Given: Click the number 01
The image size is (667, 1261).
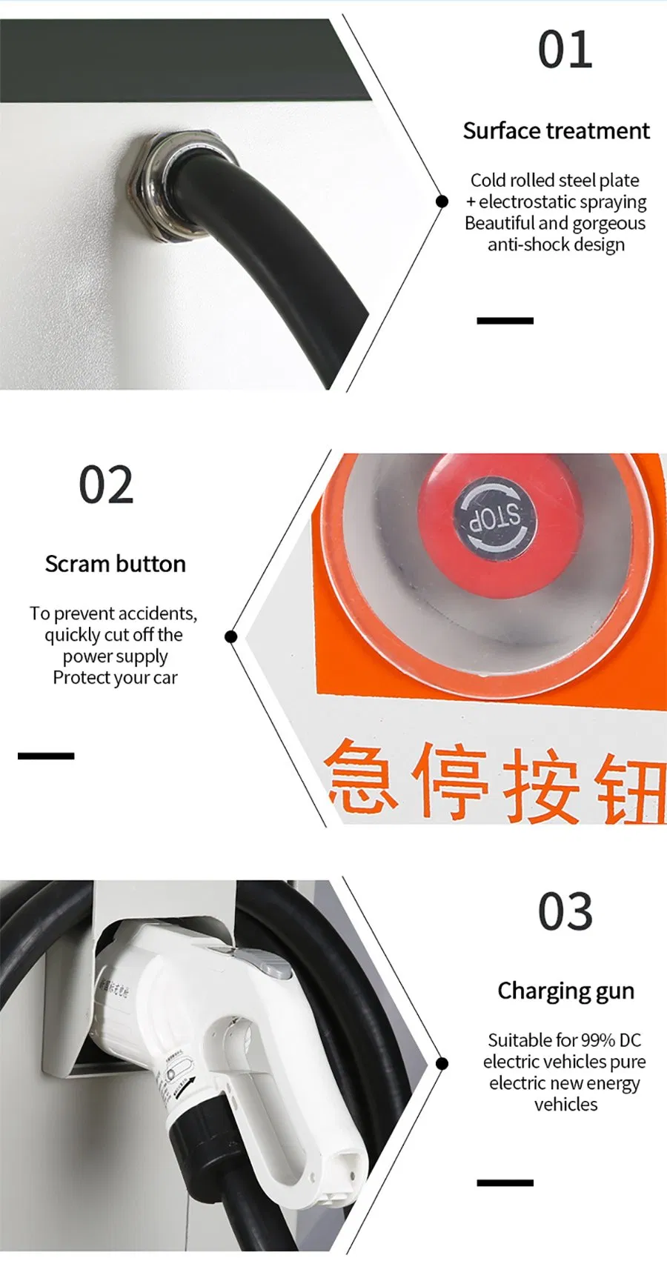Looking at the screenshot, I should pos(565,50).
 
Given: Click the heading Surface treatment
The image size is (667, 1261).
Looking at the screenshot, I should pos(556,131).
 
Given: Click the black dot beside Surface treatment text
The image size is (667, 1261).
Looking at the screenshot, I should pos(442,201).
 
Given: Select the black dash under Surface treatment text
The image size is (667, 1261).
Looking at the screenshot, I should pos(505,321).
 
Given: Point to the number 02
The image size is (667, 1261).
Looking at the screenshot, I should pos(106,486).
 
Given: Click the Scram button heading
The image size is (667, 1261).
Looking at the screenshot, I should pos(115,564).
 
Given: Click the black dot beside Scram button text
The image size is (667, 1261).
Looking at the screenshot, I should pos(230,636).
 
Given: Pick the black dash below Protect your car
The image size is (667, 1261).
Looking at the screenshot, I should pos(46,756).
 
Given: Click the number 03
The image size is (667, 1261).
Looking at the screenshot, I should pos(565,912).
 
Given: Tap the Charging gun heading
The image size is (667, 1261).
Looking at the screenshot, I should pos(565,991).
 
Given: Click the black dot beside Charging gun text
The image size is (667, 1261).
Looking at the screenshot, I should pos(442,1064).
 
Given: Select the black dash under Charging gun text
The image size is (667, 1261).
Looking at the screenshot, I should pos(505,1182).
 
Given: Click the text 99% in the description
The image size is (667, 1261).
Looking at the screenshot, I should pos(598,1040).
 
